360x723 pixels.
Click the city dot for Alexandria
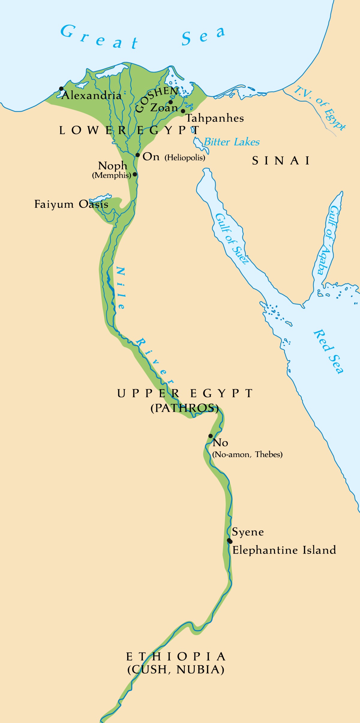tap(61, 88)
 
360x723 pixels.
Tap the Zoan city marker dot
tap(171, 102)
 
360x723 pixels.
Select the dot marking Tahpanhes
tap(183, 111)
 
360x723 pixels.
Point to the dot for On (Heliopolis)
tap(137, 155)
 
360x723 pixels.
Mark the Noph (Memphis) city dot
tap(135, 174)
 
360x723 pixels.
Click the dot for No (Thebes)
tap(211, 436)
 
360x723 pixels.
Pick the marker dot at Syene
tap(229, 541)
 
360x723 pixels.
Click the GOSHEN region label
tap(157, 99)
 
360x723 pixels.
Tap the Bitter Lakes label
tap(232, 142)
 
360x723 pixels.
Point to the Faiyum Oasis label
tap(71, 204)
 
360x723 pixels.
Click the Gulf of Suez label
tap(232, 239)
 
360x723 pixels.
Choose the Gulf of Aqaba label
tap(329, 240)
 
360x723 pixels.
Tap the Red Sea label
tap(328, 351)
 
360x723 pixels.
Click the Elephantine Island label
tap(284, 550)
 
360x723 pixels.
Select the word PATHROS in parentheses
tap(184, 408)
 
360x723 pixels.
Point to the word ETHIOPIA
tap(176, 657)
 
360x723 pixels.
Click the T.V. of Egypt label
tap(320, 108)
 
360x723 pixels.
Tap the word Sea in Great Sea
tap(203, 36)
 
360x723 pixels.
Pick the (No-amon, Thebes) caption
tap(247, 454)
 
